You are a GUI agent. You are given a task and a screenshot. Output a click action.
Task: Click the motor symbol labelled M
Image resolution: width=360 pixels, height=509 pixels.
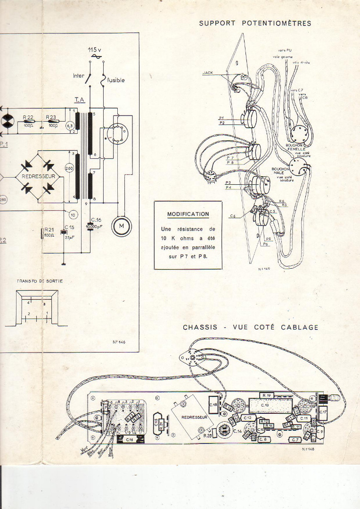click(x=122, y=227)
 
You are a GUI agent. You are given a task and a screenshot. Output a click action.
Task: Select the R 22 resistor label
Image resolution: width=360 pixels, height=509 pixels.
click(x=29, y=116)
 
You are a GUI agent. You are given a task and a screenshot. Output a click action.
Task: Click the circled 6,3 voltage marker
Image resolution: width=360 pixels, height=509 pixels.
click(x=70, y=125)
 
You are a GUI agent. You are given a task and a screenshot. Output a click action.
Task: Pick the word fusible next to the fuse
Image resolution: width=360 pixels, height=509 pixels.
click(x=116, y=80)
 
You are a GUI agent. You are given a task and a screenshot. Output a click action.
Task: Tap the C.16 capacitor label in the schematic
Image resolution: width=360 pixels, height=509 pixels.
click(x=96, y=220)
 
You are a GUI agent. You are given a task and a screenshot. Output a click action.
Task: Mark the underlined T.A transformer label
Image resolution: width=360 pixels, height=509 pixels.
click(x=79, y=100)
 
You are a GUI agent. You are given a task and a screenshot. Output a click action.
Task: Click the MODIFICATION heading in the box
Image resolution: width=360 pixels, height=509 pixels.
click(x=188, y=214)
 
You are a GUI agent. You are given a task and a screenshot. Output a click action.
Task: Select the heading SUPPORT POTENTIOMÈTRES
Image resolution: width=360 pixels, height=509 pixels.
click(x=255, y=23)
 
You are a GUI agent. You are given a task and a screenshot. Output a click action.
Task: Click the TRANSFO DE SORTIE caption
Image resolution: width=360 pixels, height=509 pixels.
click(x=40, y=281)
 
